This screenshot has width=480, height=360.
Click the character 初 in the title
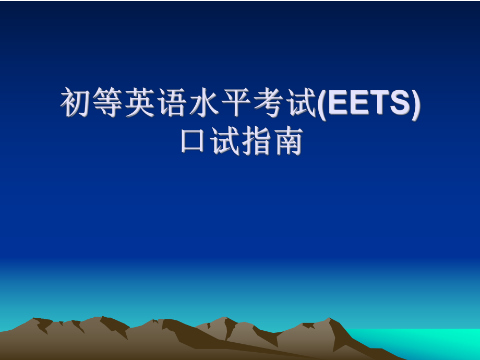click(x=76, y=103)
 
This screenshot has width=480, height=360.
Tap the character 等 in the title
click(x=108, y=103)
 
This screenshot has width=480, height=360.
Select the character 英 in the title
click(x=140, y=103)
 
